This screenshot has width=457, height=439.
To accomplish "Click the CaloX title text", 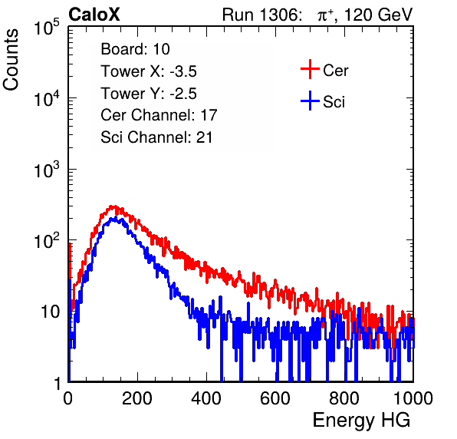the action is tap(94, 15).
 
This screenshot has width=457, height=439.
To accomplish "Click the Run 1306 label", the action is tap(261, 15).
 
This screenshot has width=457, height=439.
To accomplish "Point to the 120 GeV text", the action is tap(378, 15).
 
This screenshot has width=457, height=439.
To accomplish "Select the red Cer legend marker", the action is tap(310, 69).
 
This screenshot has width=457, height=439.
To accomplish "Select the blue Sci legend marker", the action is tap(310, 101).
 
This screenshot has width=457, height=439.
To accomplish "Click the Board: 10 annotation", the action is tap(135, 49).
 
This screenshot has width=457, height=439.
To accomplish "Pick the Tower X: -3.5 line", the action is tap(149, 71).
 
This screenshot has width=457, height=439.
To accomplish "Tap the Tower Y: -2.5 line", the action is tap(149, 94).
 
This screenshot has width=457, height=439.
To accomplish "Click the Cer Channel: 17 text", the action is tap(159, 115).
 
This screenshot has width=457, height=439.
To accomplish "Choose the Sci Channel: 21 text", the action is tap(156, 137).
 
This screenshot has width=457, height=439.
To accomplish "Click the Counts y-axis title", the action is tap(11, 59).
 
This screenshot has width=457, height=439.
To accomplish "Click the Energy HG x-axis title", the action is tap(361, 421).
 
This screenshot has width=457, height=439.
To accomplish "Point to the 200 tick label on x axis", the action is tap(137, 398).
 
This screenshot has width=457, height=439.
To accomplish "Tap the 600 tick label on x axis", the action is tap(275, 398).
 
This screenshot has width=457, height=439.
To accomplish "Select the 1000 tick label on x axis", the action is tap(413, 398).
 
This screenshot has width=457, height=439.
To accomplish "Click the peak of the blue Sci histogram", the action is tap(116, 218).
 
